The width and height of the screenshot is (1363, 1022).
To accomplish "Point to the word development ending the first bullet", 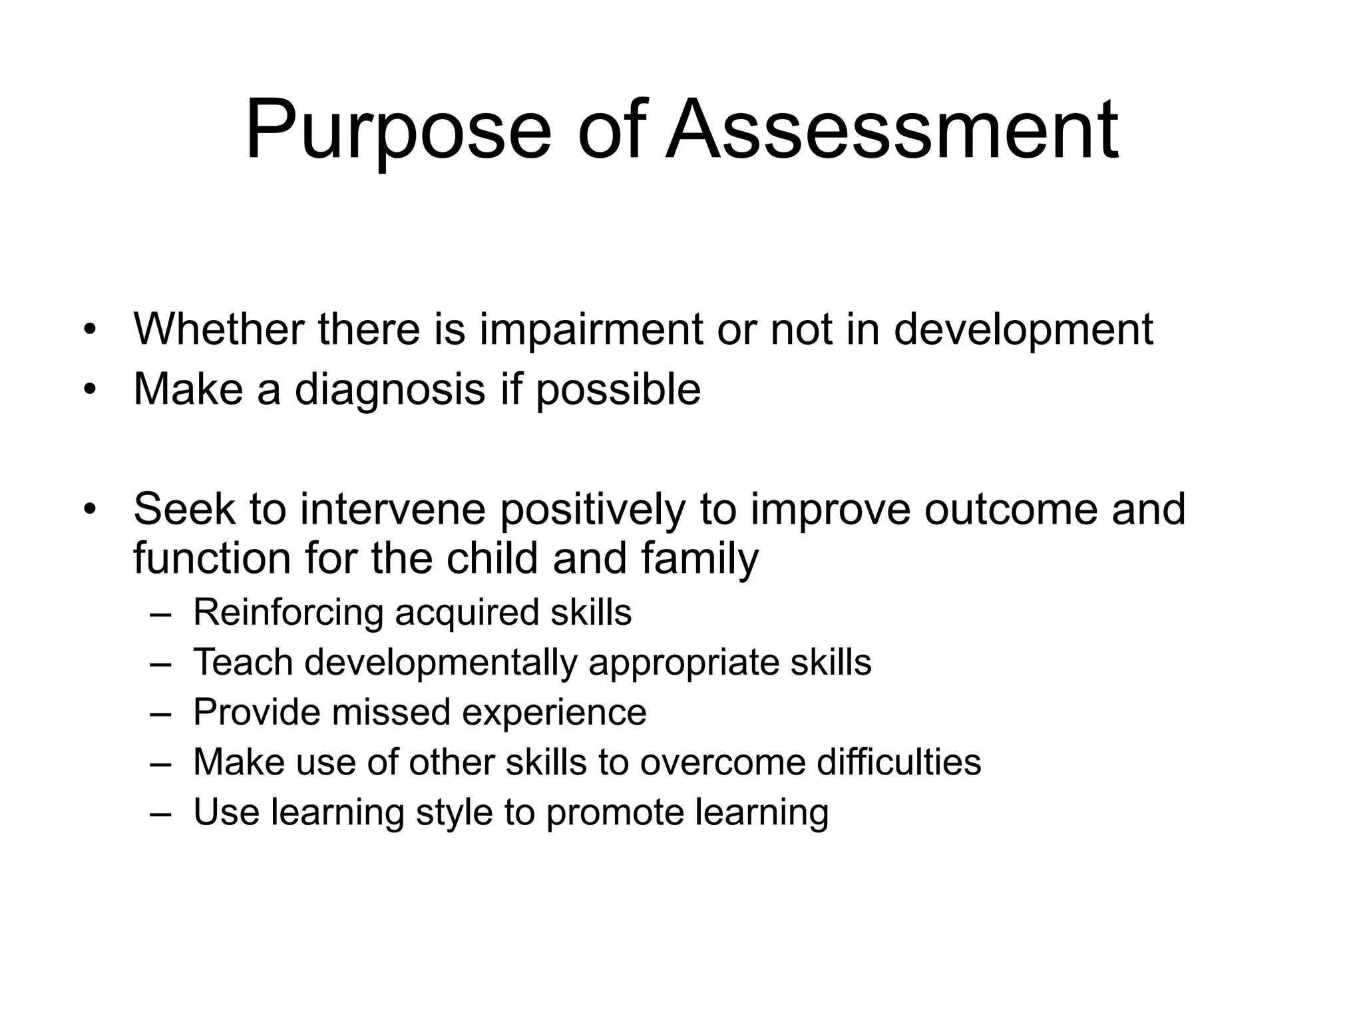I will (1023, 330).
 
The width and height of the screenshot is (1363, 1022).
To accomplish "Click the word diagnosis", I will (389, 390).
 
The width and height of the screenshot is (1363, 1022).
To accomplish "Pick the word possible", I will (618, 390).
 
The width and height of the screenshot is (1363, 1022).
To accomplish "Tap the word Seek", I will (184, 509).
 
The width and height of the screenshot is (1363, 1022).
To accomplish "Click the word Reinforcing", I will (288, 613).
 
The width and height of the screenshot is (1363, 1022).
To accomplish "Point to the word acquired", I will (467, 613).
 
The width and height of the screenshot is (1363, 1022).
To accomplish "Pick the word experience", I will (554, 713).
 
